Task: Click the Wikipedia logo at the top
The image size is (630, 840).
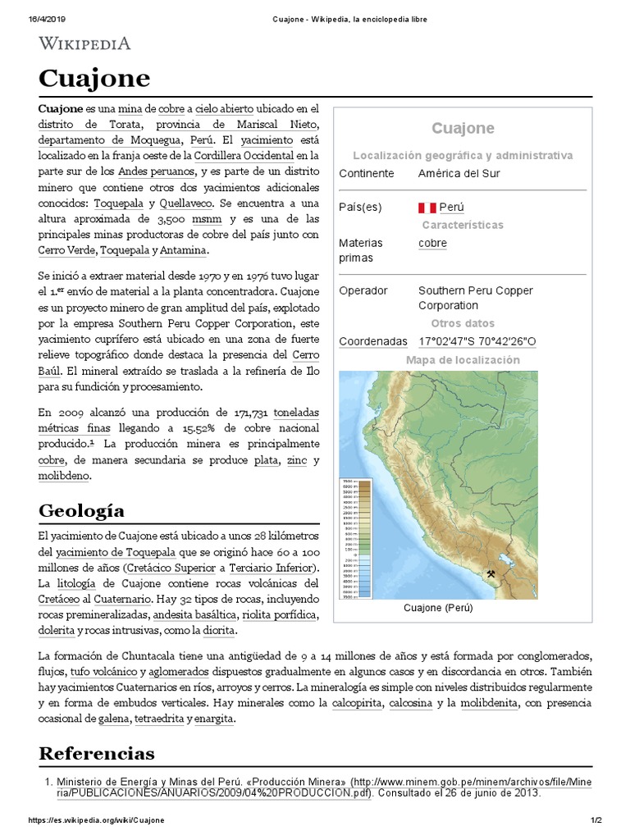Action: pyautogui.click(x=84, y=43)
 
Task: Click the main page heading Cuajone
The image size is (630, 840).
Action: pyautogui.click(x=94, y=79)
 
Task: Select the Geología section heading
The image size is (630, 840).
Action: pyautogui.click(x=82, y=511)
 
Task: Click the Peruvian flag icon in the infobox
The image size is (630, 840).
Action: pyautogui.click(x=427, y=208)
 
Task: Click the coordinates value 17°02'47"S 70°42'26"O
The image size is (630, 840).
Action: pyautogui.click(x=477, y=341)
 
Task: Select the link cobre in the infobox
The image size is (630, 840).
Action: pyautogui.click(x=432, y=243)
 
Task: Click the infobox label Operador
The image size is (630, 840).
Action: pyautogui.click(x=363, y=290)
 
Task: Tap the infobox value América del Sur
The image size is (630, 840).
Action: pyautogui.click(x=459, y=173)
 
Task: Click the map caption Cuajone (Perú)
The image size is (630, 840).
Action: pyautogui.click(x=438, y=609)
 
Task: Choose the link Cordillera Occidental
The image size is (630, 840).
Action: pyautogui.click(x=244, y=155)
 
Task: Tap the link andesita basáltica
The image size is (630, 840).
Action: pyautogui.click(x=195, y=614)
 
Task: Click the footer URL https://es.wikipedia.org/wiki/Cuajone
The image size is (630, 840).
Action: pyautogui.click(x=97, y=821)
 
